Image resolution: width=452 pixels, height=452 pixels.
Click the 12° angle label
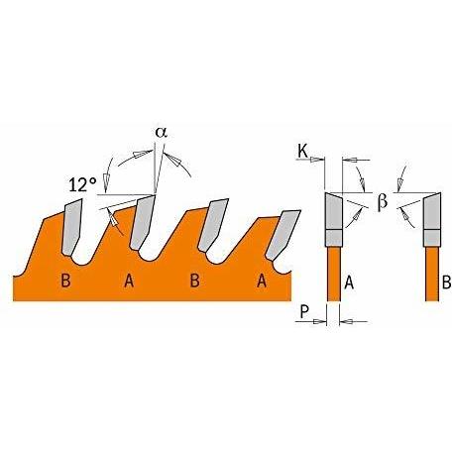click(x=83, y=184)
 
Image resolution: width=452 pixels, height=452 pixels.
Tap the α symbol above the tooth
click(x=162, y=133)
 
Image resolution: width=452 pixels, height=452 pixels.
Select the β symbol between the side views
click(x=383, y=201)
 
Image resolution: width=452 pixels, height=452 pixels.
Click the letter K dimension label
click(x=303, y=151)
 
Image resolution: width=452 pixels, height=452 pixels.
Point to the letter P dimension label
click(x=304, y=312)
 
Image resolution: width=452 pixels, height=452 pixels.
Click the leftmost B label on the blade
click(x=66, y=281)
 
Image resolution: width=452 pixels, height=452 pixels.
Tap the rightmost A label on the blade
click(x=262, y=281)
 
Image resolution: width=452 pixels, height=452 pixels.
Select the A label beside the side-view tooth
click(x=349, y=282)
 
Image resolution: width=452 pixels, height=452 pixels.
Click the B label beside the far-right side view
click(x=446, y=282)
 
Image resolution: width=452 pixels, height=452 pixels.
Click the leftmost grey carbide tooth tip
click(x=71, y=227)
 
